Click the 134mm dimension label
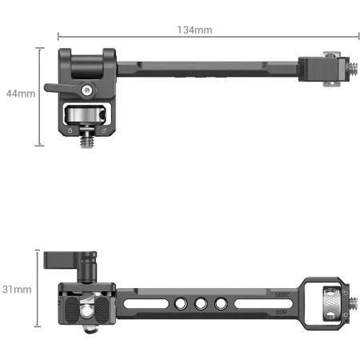coord(194,30)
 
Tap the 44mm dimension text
coord(20,94)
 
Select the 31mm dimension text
coord(18,288)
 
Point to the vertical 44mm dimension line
coord(39,96)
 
